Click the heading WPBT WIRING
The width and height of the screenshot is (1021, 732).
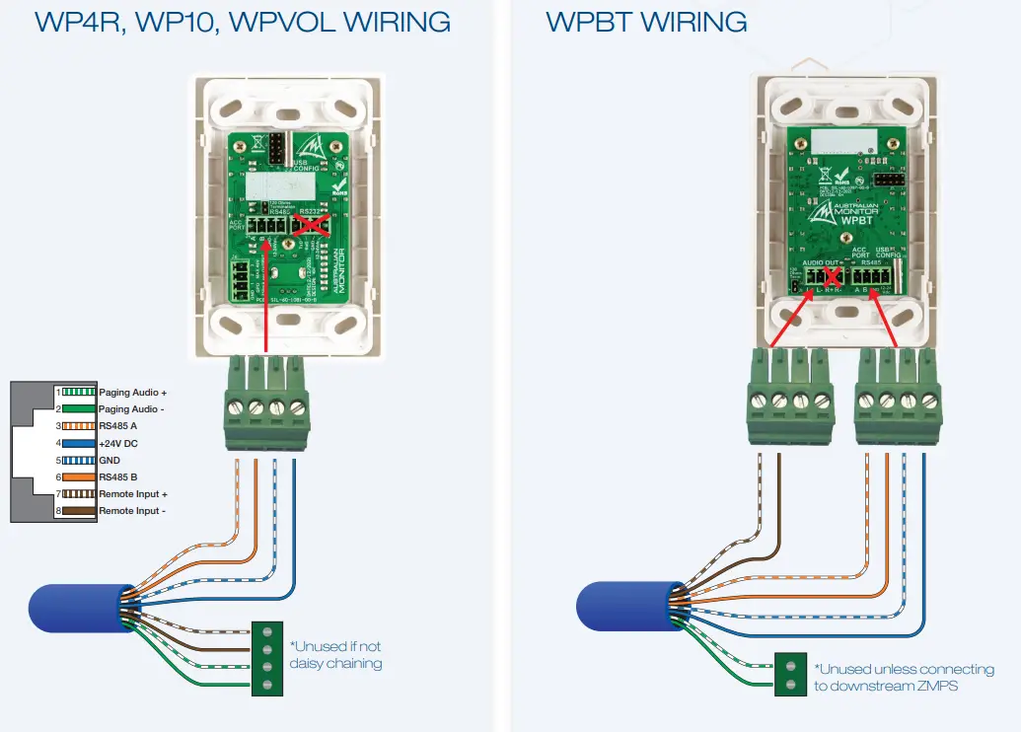(x=646, y=22)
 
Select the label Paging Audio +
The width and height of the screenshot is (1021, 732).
(x=133, y=393)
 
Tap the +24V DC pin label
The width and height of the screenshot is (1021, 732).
(x=119, y=444)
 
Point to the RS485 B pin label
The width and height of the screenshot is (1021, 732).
(x=118, y=477)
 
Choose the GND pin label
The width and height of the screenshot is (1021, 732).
(x=110, y=461)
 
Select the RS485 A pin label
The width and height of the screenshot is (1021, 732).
(x=118, y=426)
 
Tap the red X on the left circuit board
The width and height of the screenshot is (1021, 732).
(x=312, y=225)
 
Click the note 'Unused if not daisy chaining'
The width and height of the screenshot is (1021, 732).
(x=335, y=655)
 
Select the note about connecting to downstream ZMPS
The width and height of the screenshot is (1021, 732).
(x=904, y=678)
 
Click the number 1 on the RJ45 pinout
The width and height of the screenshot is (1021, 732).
(x=58, y=393)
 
